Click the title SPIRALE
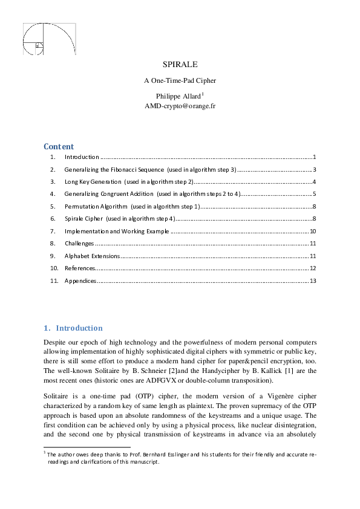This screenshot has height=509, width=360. tap(180, 64)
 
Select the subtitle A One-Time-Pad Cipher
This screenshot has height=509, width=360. tap(180, 80)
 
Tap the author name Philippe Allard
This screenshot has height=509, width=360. tap(178, 96)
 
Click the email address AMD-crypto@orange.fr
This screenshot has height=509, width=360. tap(180, 105)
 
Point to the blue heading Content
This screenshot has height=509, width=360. tap(59, 146)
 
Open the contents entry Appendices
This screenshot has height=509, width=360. tap(80, 280)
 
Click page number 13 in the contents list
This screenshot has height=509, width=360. tap(313, 280)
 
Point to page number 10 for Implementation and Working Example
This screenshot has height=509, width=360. tap(313, 231)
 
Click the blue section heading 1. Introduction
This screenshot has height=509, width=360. tap(73, 328)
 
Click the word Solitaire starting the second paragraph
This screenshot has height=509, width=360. tap(57, 394)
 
